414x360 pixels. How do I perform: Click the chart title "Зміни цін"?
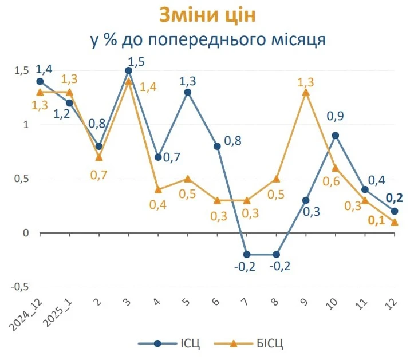[207, 15]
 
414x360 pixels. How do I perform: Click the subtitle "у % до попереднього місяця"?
[207, 40]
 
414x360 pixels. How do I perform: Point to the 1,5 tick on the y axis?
[21, 70]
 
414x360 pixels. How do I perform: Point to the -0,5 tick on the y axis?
[19, 287]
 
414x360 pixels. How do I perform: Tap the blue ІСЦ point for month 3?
[128, 70]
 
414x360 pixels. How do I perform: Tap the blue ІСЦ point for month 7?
[247, 255]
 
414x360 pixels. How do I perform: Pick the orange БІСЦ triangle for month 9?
[306, 92]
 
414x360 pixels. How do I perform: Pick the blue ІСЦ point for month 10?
[336, 136]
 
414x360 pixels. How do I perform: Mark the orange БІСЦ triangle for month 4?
[158, 189]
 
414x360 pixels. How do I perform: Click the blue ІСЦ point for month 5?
[188, 92]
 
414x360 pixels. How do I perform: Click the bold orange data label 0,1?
[376, 220]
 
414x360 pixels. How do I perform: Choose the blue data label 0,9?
[336, 117]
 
